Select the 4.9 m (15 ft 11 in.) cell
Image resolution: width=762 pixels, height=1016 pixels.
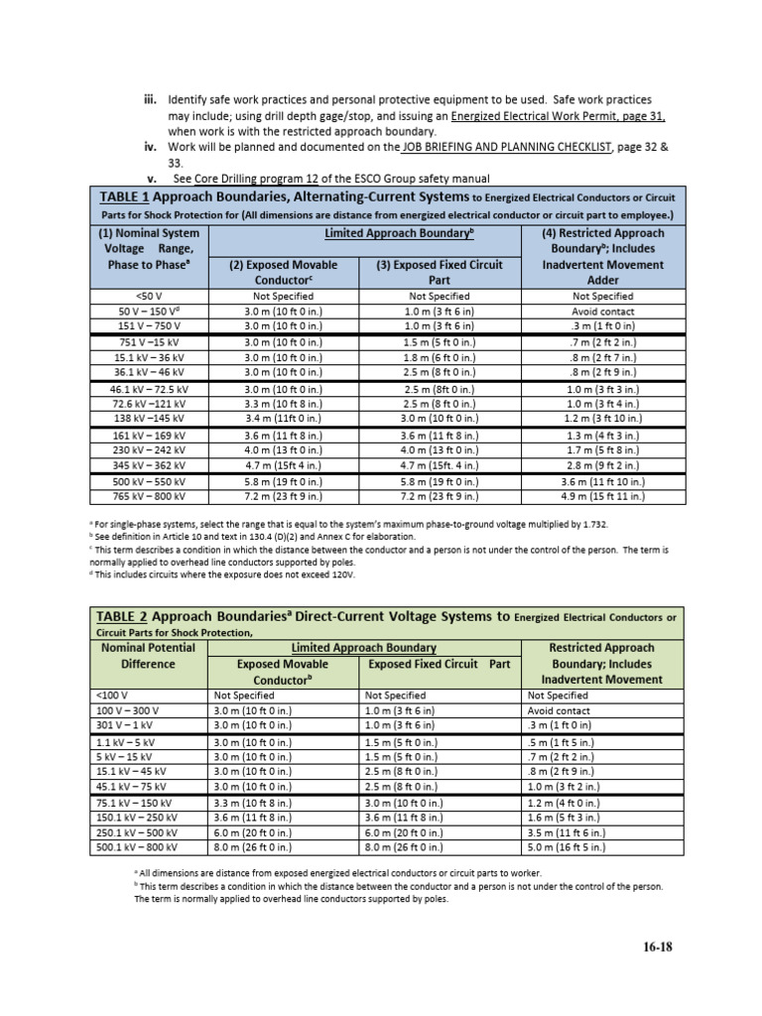coord(604,496)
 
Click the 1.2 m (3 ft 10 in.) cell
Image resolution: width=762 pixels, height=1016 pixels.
coord(604,420)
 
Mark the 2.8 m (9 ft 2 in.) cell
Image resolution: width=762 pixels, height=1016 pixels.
coord(604,465)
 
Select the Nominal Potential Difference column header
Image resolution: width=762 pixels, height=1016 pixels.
coord(148,656)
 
